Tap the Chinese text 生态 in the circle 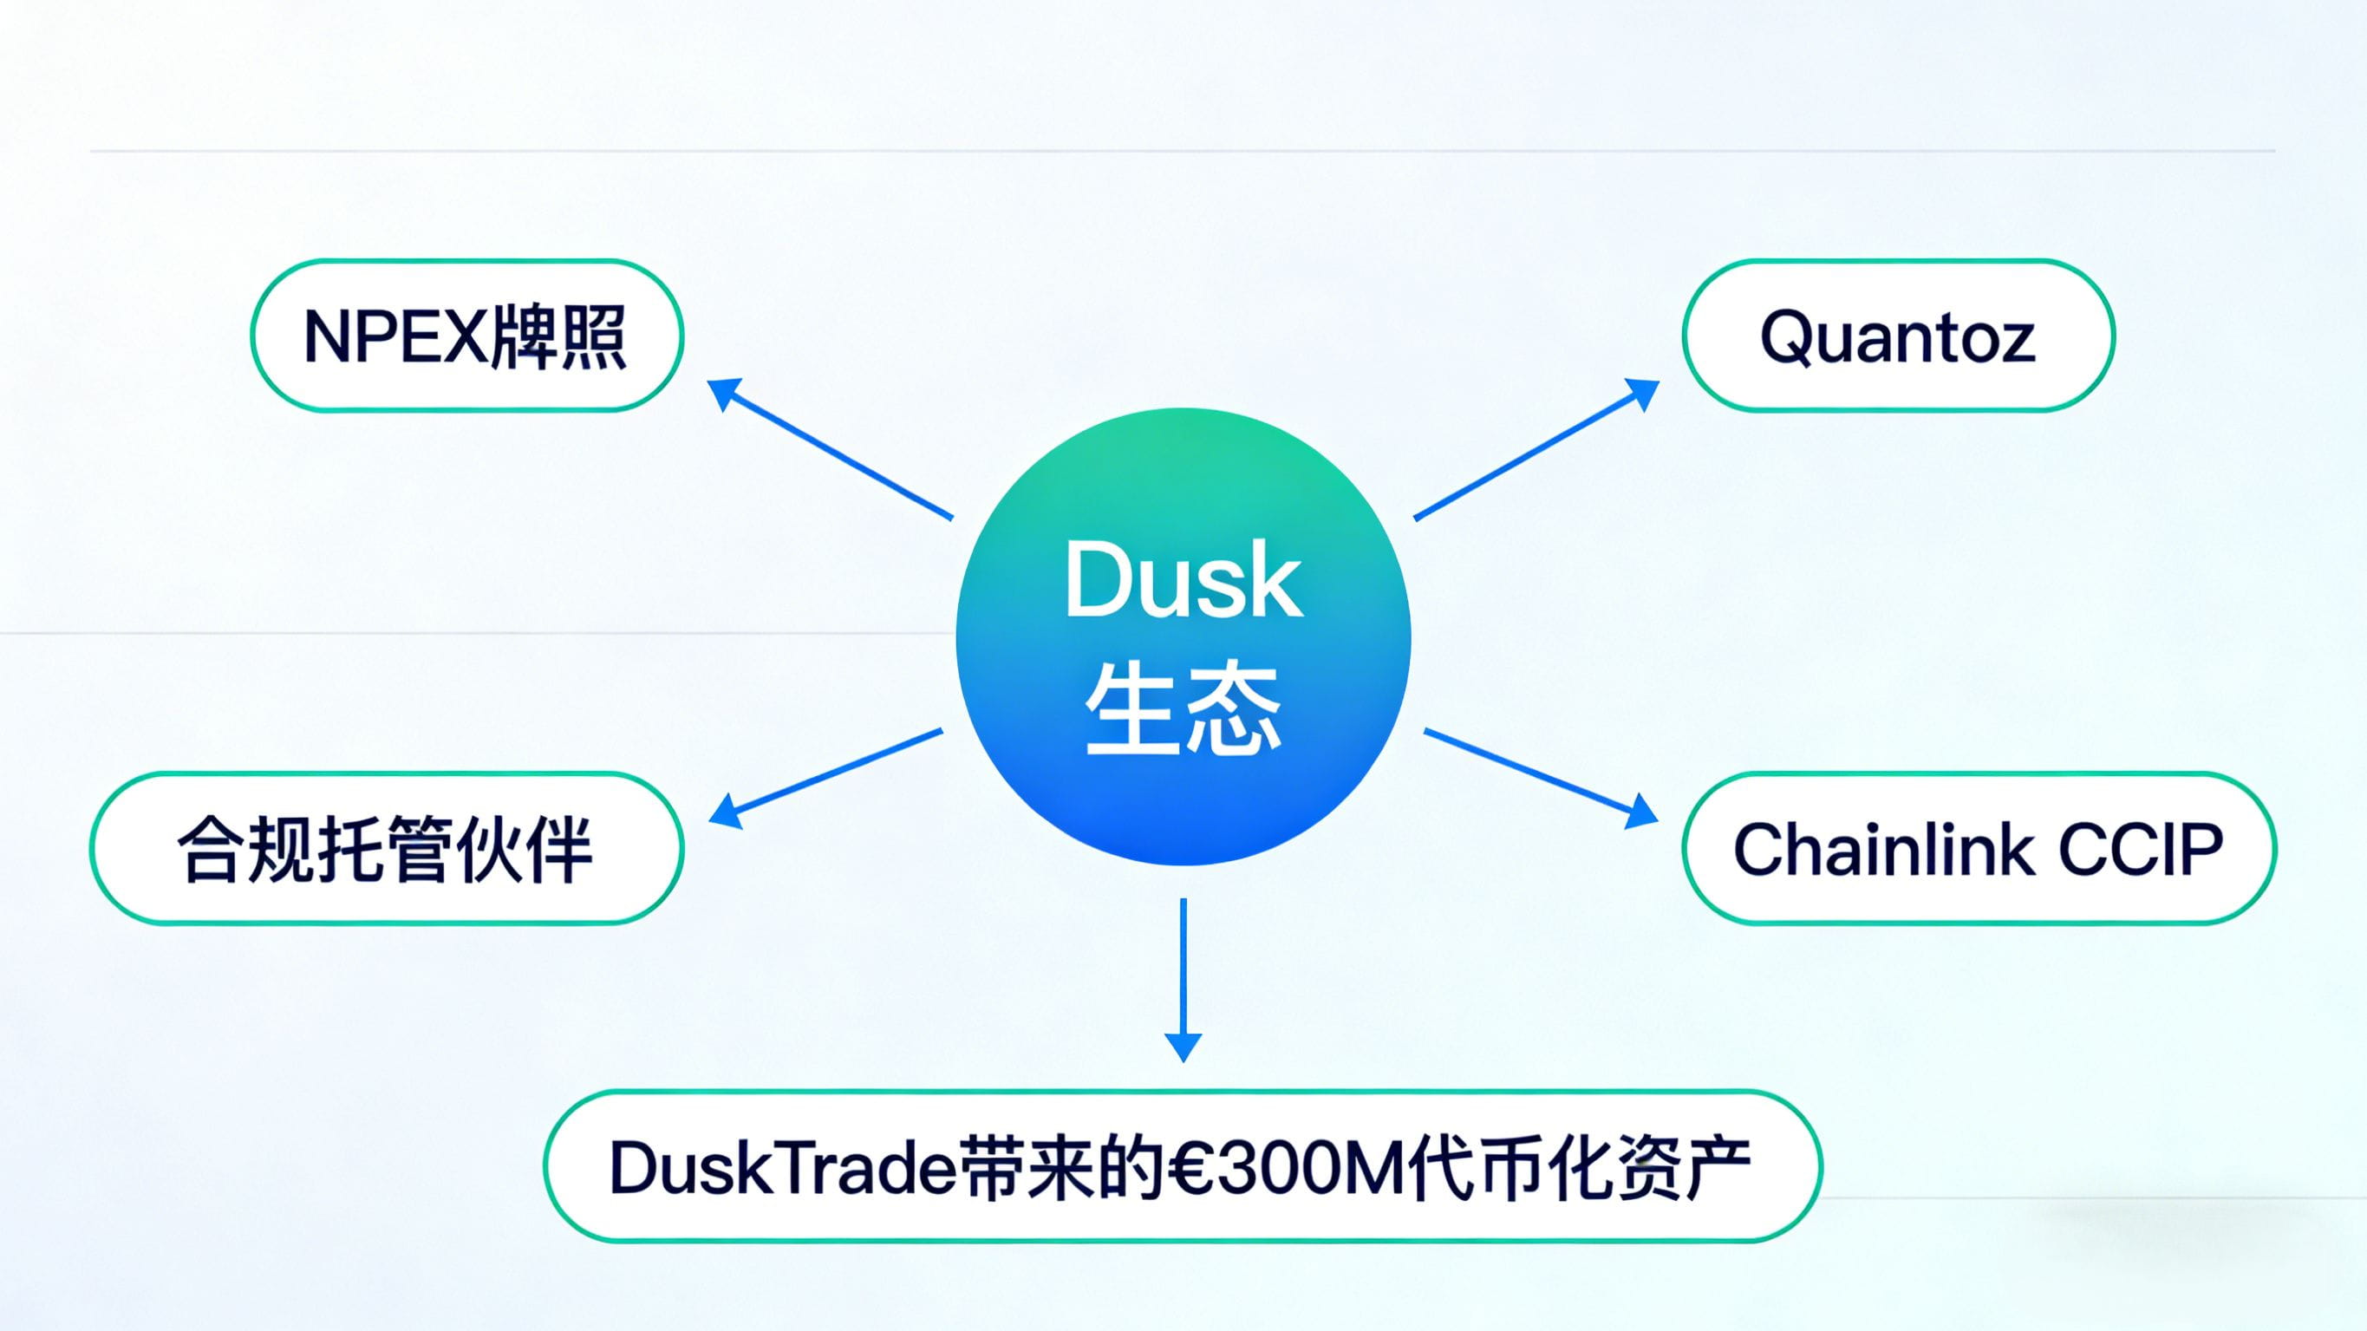point(1183,710)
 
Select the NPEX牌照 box point(466,336)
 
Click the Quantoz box point(1899,336)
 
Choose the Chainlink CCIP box point(1979,847)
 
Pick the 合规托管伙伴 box point(386,847)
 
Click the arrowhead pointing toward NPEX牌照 point(723,393)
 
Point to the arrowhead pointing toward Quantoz point(1643,393)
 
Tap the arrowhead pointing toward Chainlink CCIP point(1642,812)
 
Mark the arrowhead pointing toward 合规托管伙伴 point(725,812)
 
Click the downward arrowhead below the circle point(1183,1046)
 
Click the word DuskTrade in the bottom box point(782,1168)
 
